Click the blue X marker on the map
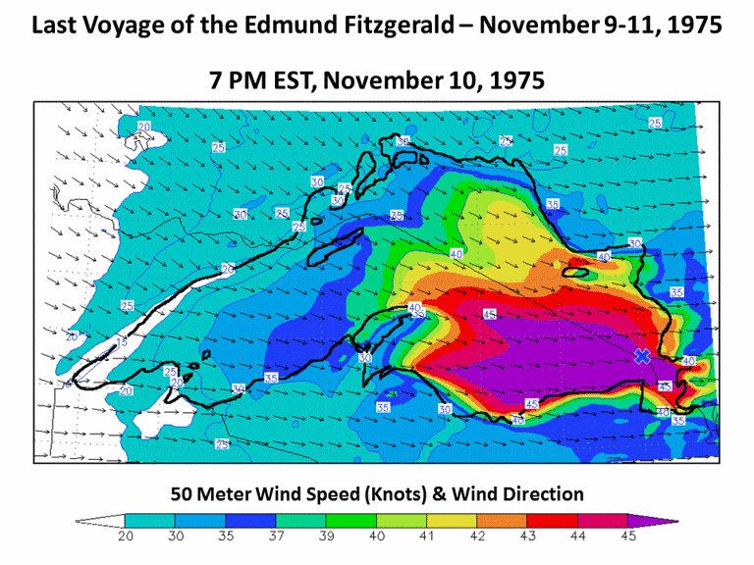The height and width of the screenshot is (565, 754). point(642,356)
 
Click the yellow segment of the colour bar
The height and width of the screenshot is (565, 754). point(452,520)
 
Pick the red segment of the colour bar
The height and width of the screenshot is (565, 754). point(552,520)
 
